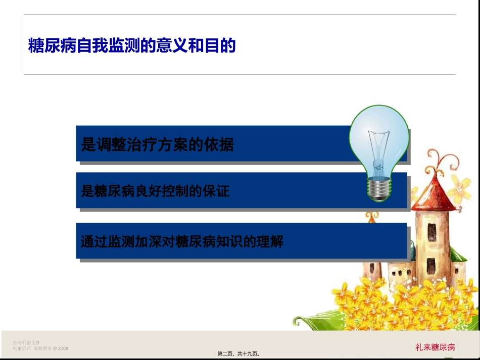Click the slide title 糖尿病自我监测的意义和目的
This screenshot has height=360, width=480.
click(x=132, y=46)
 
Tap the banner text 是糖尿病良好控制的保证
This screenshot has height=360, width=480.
click(x=155, y=191)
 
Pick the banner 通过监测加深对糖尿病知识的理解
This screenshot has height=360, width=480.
click(x=182, y=241)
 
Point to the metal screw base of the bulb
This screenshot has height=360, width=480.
click(x=379, y=190)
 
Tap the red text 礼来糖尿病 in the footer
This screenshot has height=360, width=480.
click(x=435, y=347)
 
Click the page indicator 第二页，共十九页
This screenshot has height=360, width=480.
click(x=242, y=354)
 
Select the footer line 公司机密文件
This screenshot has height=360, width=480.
click(x=26, y=343)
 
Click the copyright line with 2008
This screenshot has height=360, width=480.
click(x=40, y=348)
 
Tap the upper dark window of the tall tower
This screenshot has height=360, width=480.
click(x=431, y=231)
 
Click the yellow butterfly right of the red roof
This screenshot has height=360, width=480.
click(x=460, y=188)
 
